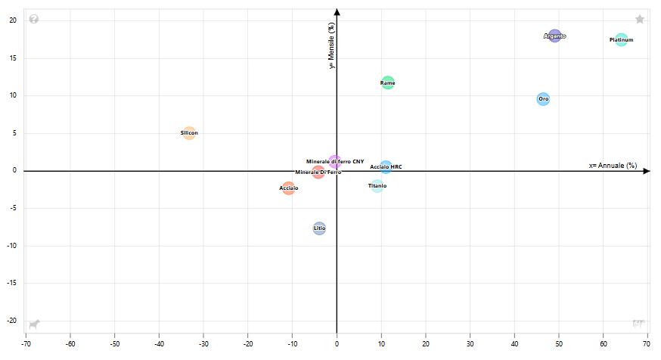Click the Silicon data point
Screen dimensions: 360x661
pyautogui.click(x=189, y=133)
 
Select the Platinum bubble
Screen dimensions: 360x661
pyautogui.click(x=621, y=40)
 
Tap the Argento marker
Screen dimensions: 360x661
pyautogui.click(x=554, y=36)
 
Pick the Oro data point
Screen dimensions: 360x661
pyautogui.click(x=543, y=99)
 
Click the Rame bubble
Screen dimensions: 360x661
pyautogui.click(x=387, y=82)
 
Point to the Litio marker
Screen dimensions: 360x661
pyautogui.click(x=319, y=228)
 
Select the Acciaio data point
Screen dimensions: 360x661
pyautogui.click(x=288, y=188)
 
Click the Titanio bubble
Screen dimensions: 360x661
pyautogui.click(x=377, y=185)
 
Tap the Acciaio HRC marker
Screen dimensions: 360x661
pyautogui.click(x=386, y=166)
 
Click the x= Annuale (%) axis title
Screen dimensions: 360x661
pyautogui.click(x=613, y=165)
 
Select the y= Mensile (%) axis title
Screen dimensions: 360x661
pyautogui.click(x=331, y=45)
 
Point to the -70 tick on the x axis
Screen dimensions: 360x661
pyautogui.click(x=26, y=343)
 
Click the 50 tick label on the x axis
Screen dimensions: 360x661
pyautogui.click(x=559, y=343)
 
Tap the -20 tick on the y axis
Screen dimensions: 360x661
pyautogui.click(x=13, y=321)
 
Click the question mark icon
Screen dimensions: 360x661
pyautogui.click(x=34, y=19)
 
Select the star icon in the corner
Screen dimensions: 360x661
pyautogui.click(x=640, y=19)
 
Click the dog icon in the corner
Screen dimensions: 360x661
pyautogui.click(x=34, y=324)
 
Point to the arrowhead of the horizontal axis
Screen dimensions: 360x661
pyautogui.click(x=647, y=171)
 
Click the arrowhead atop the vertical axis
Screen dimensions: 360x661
pyautogui.click(x=337, y=11)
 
